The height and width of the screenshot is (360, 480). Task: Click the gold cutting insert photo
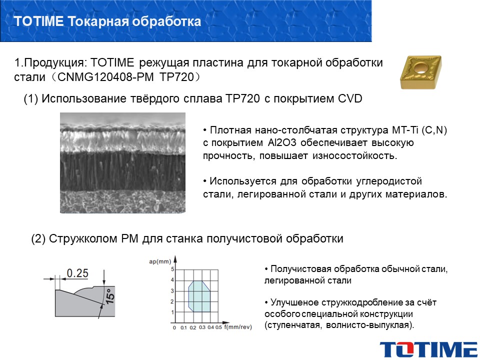pyautogui.click(x=421, y=72)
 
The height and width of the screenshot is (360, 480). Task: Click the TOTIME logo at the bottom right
pyautogui.click(x=428, y=349)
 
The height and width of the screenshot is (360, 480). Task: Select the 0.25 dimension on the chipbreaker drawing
pyautogui.click(x=77, y=273)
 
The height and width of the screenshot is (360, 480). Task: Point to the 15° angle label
pyautogui.click(x=110, y=296)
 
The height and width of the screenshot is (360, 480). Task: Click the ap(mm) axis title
pyautogui.click(x=160, y=261)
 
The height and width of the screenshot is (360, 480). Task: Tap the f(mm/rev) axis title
pyautogui.click(x=238, y=327)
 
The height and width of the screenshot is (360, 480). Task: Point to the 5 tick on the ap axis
pyautogui.click(x=172, y=269)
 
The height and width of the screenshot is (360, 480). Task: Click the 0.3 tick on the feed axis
pyautogui.click(x=202, y=327)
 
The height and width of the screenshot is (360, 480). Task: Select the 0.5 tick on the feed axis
pyautogui.click(x=218, y=327)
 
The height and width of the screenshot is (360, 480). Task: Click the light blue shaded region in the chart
pyautogui.click(x=198, y=296)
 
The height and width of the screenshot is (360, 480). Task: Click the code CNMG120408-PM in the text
pyautogui.click(x=105, y=77)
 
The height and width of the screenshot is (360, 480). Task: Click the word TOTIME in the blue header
pyautogui.click(x=38, y=21)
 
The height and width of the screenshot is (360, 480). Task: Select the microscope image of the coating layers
pyautogui.click(x=123, y=162)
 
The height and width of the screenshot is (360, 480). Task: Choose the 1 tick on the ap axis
pyautogui.click(x=172, y=312)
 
